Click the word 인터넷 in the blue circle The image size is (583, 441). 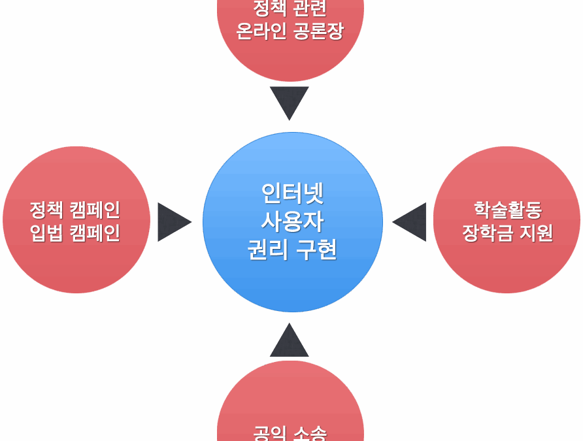[x=292, y=193]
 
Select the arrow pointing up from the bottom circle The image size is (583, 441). [x=290, y=342]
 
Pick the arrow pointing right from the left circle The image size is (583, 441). [x=172, y=222]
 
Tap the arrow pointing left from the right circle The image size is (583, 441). [x=411, y=222]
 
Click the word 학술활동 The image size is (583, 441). [x=508, y=210]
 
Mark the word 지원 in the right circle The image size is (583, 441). [x=536, y=233]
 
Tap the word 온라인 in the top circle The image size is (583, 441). [x=260, y=31]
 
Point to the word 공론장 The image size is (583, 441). [x=318, y=31]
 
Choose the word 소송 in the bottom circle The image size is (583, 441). [x=310, y=433]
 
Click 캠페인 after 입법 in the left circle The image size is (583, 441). [x=94, y=233]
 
